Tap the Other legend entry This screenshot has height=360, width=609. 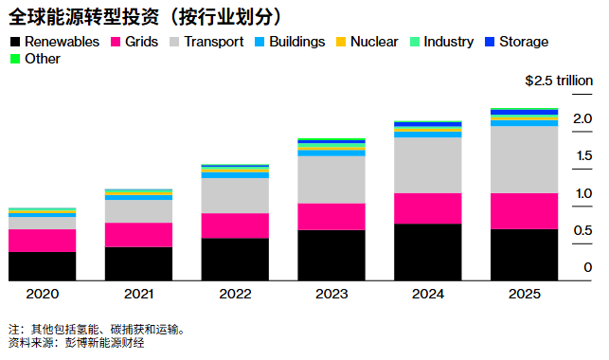click(35, 59)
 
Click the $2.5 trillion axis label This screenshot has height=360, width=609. click(559, 81)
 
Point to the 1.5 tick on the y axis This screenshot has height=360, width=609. click(583, 155)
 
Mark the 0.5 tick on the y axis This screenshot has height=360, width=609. click(583, 231)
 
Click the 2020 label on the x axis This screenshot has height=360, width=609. click(42, 295)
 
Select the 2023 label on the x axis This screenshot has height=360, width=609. click(331, 295)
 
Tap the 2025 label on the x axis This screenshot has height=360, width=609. click(524, 295)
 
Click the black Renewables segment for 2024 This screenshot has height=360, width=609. click(427, 252)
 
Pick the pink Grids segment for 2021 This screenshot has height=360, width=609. click(138, 235)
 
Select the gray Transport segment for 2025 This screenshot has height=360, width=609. click(524, 159)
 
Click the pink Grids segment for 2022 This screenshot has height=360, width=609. click(235, 225)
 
